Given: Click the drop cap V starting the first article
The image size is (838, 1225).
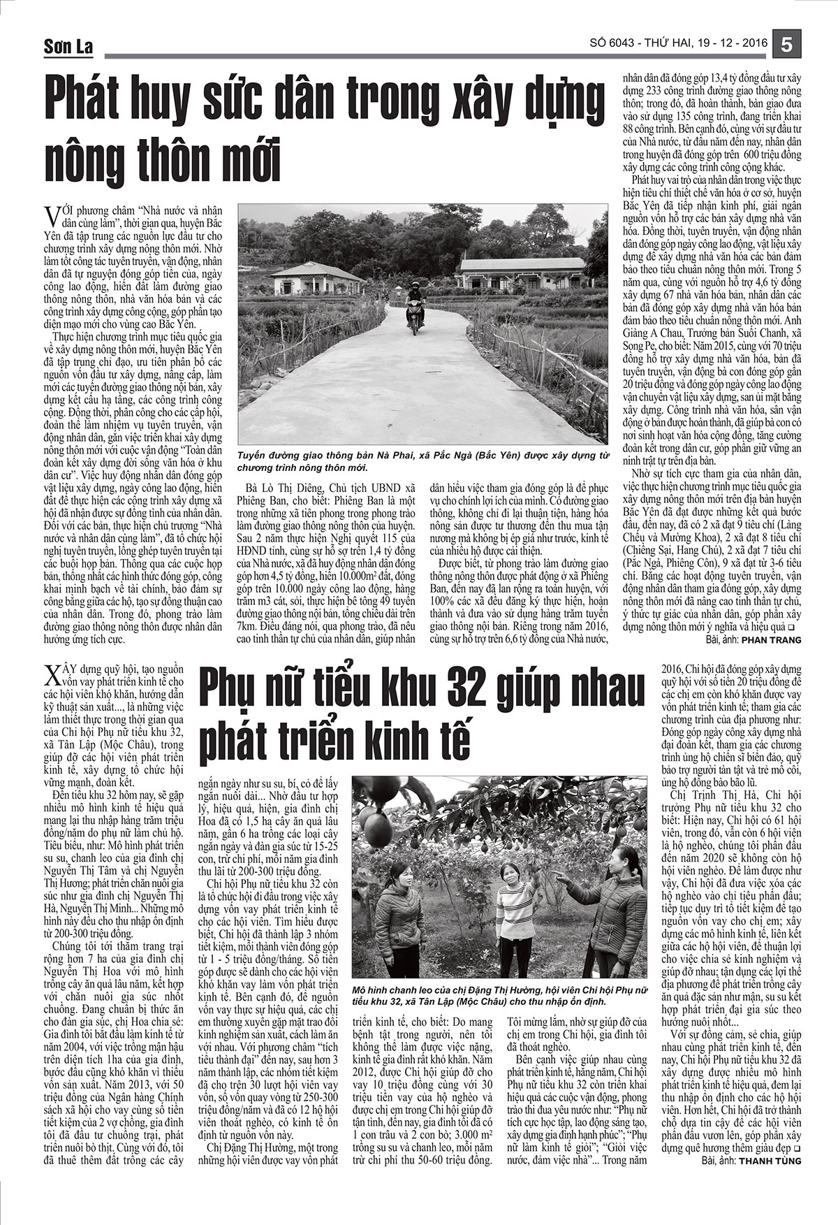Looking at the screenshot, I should pyautogui.click(x=50, y=212).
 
